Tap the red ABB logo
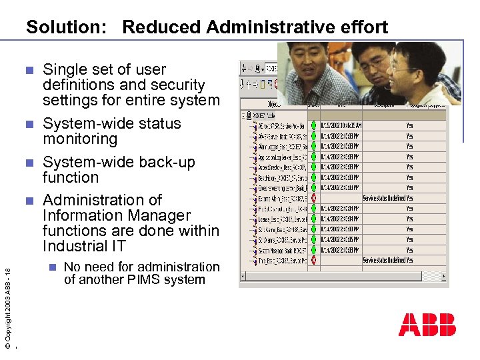click(x=427, y=325)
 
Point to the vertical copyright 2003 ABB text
click(x=7, y=307)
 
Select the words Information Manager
click(x=117, y=215)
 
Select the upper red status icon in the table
click(x=314, y=198)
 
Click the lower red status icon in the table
click(x=314, y=260)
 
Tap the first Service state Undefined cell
click(x=383, y=198)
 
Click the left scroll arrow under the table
click(x=243, y=276)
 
